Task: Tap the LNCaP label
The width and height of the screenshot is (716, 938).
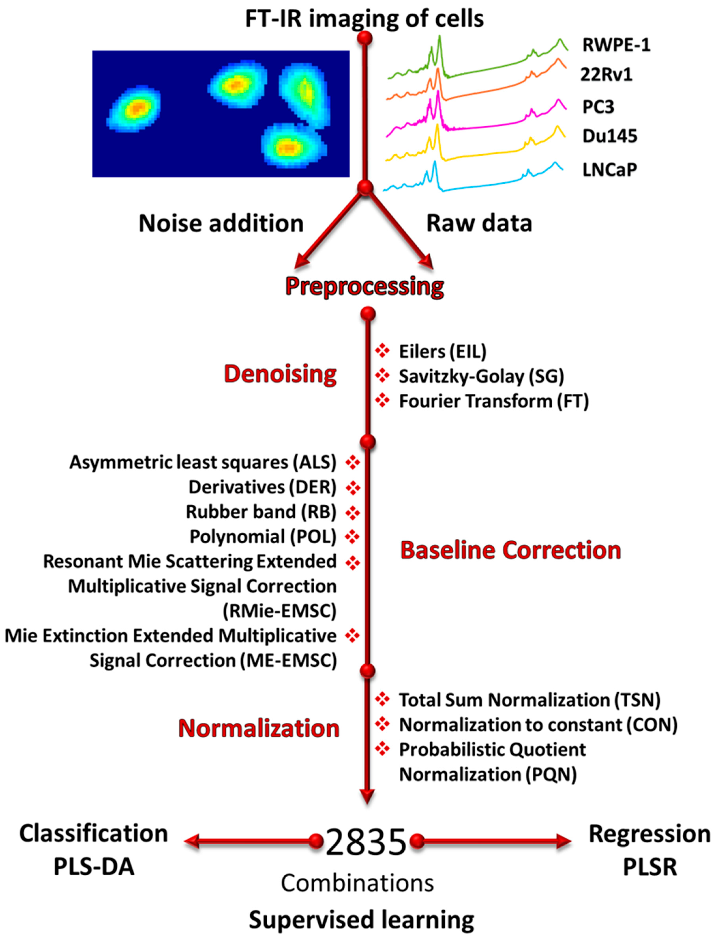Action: coord(609,170)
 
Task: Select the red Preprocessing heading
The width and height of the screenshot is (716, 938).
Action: coord(364,286)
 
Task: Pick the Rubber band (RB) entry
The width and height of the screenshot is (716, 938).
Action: coord(261,512)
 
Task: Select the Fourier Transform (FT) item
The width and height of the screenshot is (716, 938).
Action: coord(494,401)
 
